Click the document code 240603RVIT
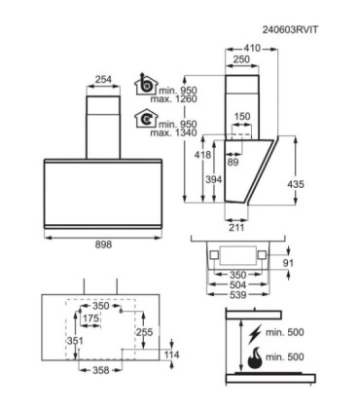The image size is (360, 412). [290, 30]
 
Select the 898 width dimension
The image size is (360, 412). [103, 244]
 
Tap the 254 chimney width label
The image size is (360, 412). [103, 79]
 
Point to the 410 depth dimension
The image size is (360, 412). [252, 48]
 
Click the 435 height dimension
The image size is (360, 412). [296, 184]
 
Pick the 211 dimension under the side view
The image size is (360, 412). [236, 227]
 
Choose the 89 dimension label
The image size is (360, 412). [233, 162]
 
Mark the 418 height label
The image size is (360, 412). [202, 155]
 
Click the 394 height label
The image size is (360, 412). [213, 179]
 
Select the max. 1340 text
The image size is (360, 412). [173, 132]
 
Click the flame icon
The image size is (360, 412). [255, 358]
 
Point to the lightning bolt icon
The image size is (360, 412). [255, 334]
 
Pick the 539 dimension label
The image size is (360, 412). [238, 295]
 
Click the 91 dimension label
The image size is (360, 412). [288, 263]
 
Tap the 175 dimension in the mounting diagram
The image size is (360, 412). [90, 318]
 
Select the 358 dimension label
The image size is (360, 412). [100, 370]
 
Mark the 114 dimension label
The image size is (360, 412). [171, 355]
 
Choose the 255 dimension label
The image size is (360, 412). [144, 332]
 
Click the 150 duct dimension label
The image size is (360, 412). [242, 116]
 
